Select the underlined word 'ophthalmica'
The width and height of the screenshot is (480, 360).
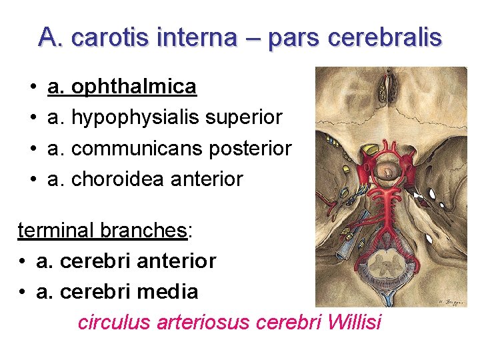click(133, 87)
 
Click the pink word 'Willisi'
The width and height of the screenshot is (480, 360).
click(355, 322)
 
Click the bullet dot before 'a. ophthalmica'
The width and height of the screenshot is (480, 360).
click(33, 87)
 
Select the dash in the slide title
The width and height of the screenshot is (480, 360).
click(253, 38)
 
